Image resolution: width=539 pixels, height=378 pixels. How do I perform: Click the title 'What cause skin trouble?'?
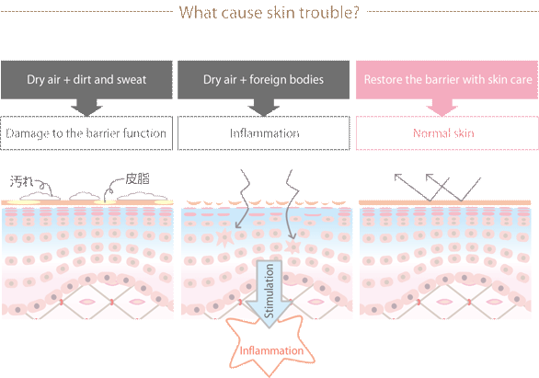tap(269, 12)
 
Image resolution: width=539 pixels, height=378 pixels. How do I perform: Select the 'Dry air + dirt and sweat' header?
tap(86, 80)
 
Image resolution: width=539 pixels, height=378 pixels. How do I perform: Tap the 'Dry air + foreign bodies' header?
tap(263, 80)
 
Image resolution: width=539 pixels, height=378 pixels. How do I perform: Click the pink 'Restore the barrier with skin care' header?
tap(447, 80)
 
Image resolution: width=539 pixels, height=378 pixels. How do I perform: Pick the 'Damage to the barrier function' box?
tap(86, 133)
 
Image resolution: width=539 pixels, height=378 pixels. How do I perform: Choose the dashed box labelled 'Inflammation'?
tap(264, 133)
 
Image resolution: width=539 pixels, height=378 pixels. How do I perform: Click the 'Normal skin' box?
tap(447, 133)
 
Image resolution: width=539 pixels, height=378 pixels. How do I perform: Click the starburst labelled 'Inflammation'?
tap(271, 347)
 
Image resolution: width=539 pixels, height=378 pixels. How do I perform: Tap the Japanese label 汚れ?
tap(21, 181)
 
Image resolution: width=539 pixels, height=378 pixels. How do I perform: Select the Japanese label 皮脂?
tap(137, 178)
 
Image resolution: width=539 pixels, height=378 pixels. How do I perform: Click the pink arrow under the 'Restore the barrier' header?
tap(442, 108)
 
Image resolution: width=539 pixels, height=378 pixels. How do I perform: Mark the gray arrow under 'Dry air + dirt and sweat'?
tap(86, 108)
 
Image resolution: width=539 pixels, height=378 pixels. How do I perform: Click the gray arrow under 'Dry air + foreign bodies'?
tap(263, 108)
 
